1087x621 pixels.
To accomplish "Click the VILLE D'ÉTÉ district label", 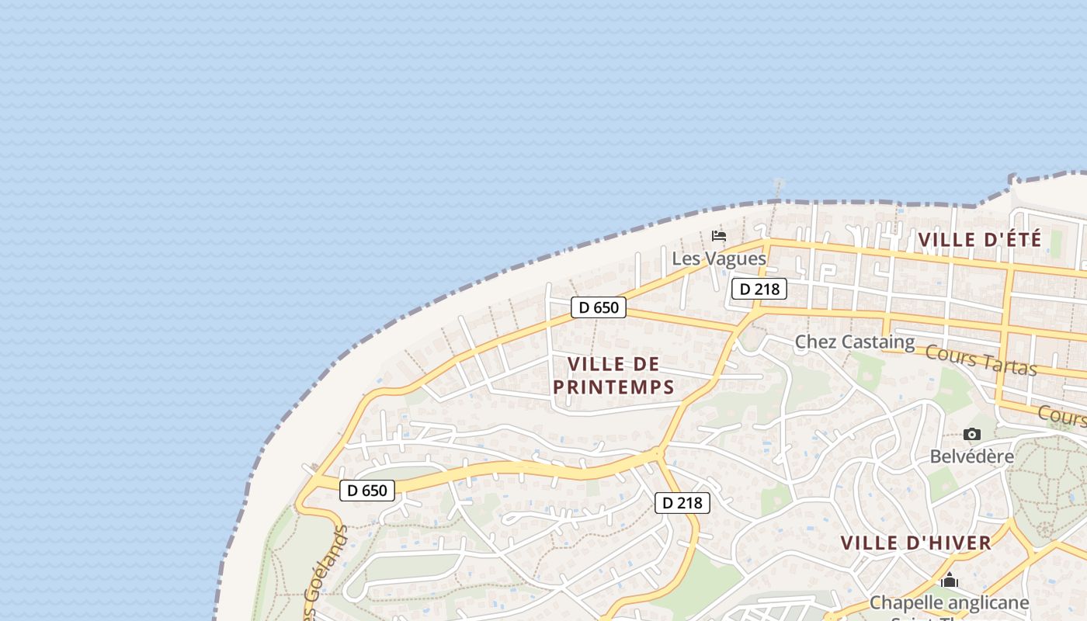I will [x=979, y=240].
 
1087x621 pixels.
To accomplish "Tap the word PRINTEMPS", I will [x=613, y=387].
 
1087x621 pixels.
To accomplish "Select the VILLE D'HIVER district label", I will [x=915, y=543].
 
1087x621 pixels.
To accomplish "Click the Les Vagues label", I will [x=719, y=258].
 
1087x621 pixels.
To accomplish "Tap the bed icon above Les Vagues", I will [x=719, y=235].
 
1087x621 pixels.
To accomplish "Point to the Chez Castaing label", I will [x=855, y=342].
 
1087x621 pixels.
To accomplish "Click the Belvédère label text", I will [x=971, y=456].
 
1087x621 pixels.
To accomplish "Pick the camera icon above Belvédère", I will [x=971, y=435].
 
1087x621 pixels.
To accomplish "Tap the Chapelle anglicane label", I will [x=949, y=602].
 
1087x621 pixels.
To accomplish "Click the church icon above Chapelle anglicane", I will [x=949, y=581].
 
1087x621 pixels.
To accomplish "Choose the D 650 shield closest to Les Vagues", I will [x=599, y=307].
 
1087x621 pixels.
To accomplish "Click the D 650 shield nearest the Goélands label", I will [x=367, y=491].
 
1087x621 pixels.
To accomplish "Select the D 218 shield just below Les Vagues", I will [x=759, y=290].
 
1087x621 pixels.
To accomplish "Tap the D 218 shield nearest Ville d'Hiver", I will [x=682, y=503].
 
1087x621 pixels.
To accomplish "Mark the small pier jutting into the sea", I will [x=778, y=188].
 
